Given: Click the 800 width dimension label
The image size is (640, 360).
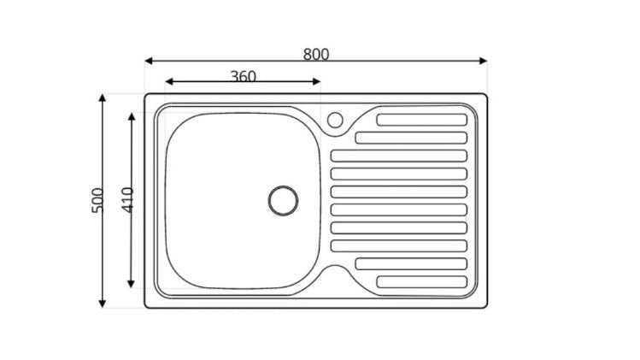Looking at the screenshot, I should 315,54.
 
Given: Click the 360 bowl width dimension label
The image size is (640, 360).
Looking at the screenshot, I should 243,75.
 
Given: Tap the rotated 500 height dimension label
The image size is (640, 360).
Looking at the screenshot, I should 97,200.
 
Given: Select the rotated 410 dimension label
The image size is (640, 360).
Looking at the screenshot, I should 127,200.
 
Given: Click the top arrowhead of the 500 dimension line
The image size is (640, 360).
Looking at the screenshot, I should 103,98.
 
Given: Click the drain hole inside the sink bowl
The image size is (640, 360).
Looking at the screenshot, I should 283,200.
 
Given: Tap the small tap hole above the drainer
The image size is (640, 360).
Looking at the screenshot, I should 334,120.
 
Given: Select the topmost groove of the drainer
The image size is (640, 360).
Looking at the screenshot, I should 422,120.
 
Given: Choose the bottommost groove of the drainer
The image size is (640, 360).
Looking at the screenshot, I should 422,281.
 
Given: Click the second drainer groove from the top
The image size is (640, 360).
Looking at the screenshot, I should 411,138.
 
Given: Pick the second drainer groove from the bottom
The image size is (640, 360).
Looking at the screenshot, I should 411,263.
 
